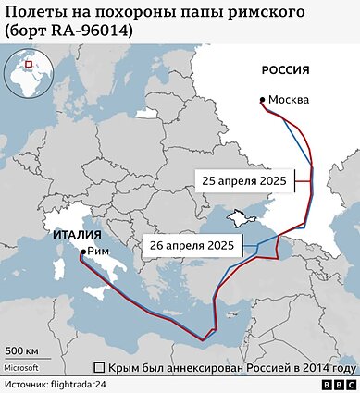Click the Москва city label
coord(289,100)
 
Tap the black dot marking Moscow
coord(264,100)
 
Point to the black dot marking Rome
coord(83,252)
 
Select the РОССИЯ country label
coord(284,70)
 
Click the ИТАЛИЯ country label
coord(77,234)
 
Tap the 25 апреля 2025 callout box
coord(244,181)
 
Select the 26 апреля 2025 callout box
coord(192,246)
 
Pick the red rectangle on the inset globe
coord(29,65)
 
